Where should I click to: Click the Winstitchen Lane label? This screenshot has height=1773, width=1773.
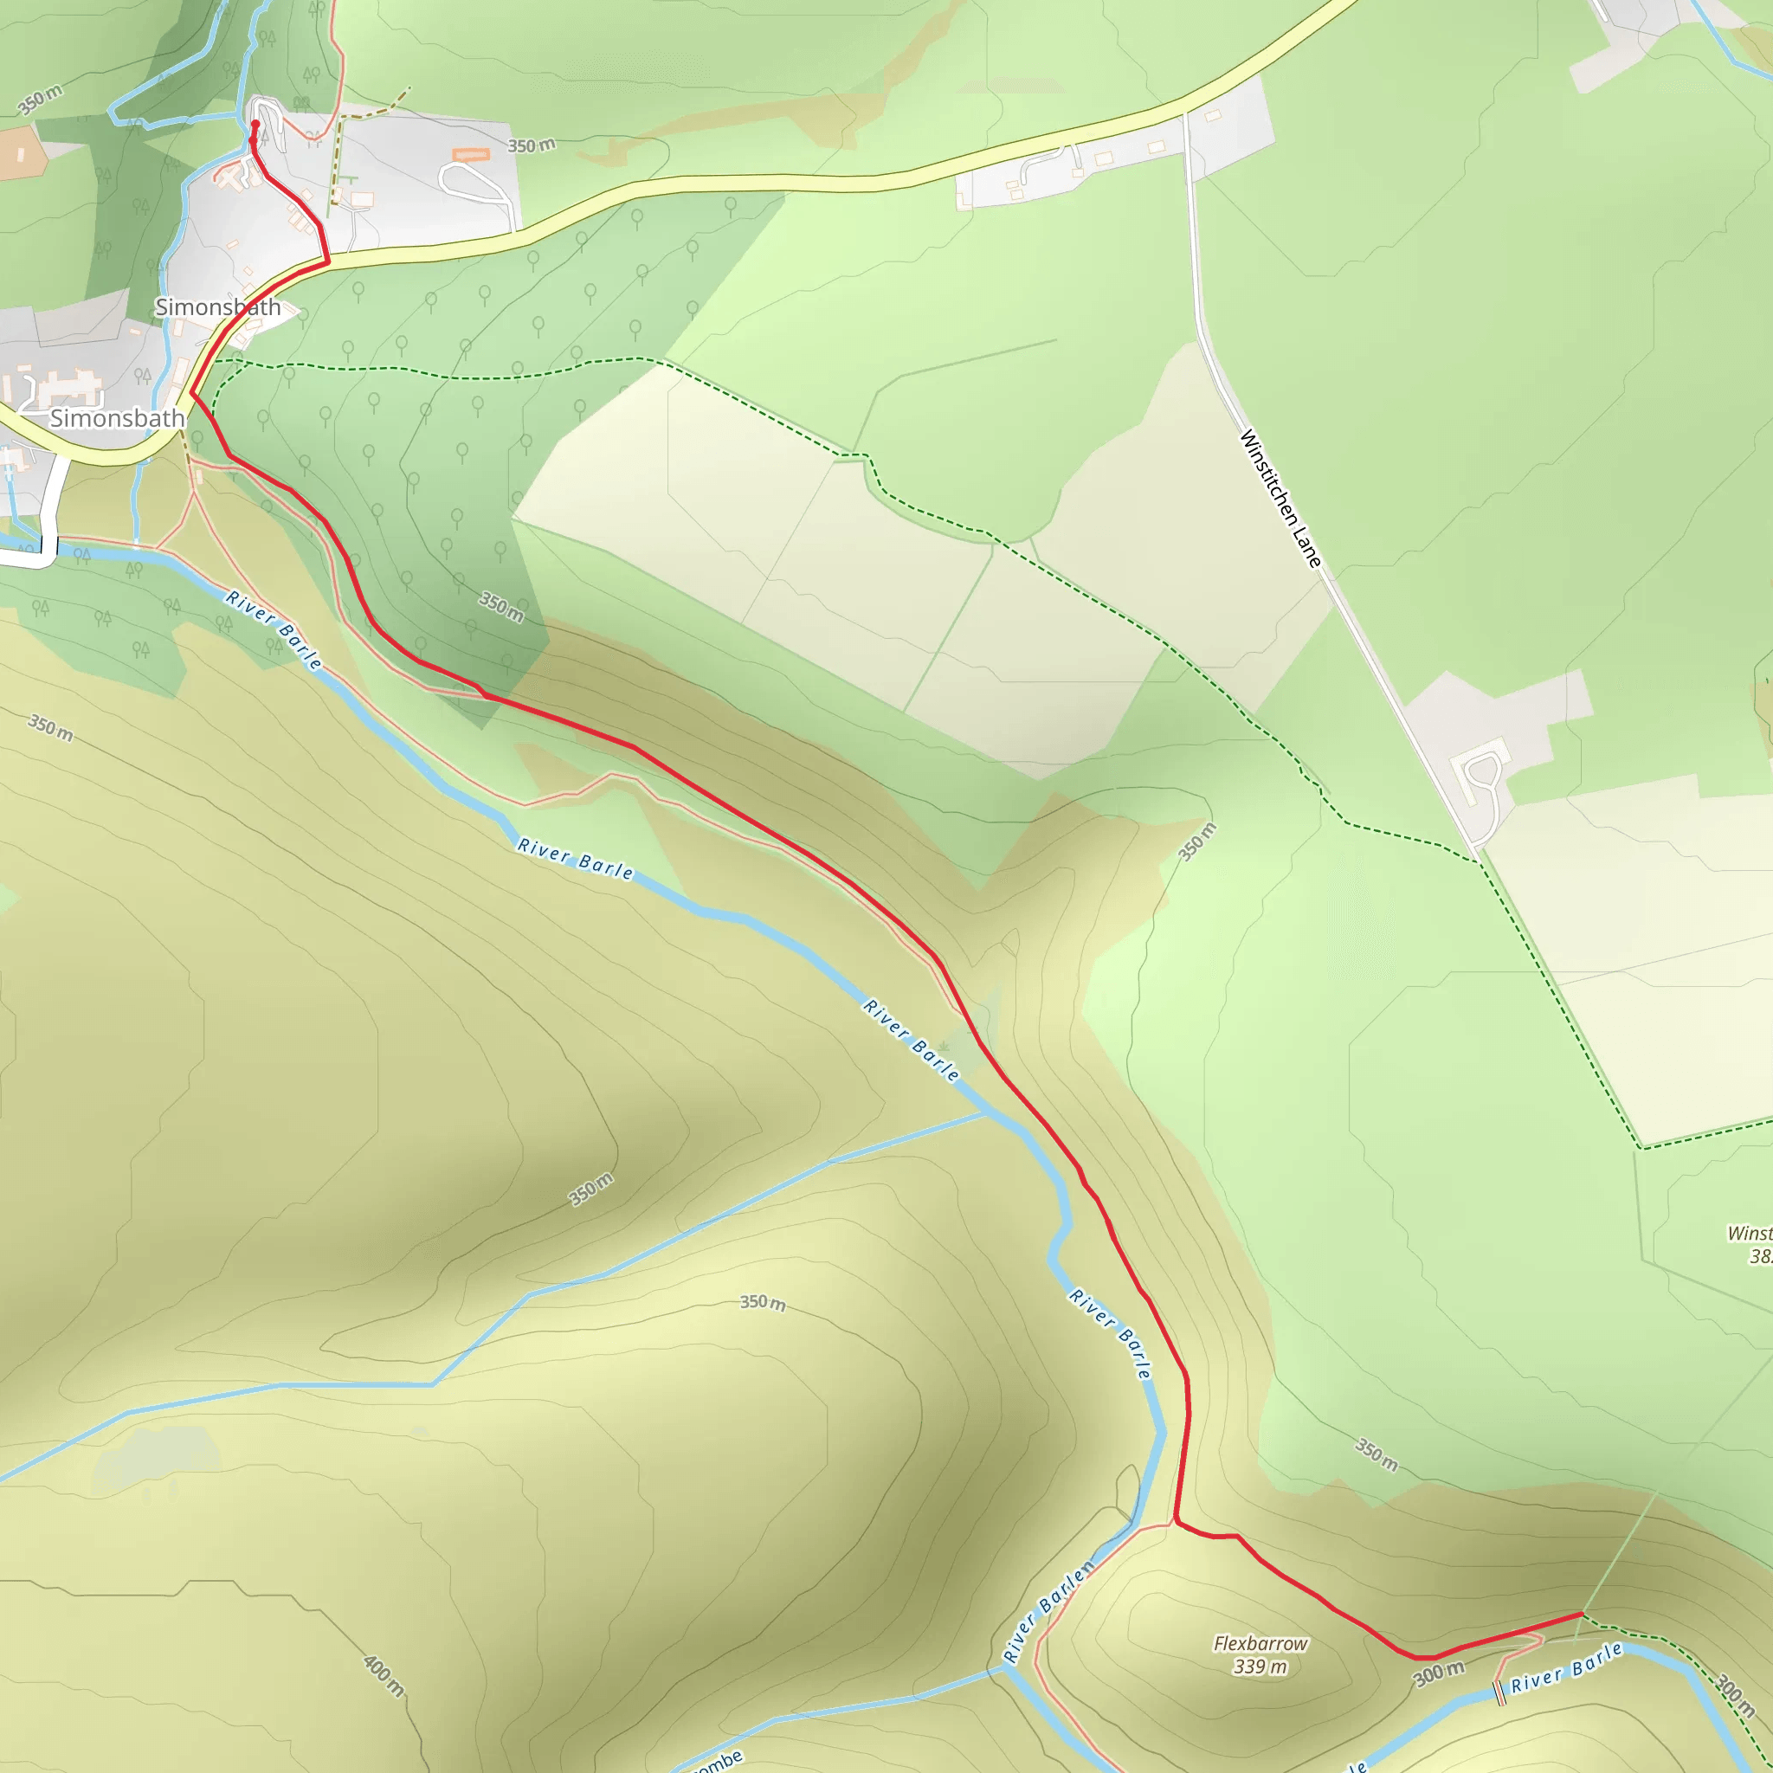point(1280,499)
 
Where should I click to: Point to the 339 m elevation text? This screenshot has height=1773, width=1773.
point(1260,1667)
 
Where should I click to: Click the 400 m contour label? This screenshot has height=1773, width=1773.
point(384,1676)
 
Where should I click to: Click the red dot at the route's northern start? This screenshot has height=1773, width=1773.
point(255,124)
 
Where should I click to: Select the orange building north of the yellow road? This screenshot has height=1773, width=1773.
point(472,154)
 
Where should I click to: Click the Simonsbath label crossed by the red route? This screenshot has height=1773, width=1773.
point(217,307)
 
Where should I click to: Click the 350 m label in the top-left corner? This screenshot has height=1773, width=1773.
point(41,99)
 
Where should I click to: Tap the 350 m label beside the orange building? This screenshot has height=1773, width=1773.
point(532,145)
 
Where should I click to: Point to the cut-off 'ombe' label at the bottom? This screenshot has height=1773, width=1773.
point(717,1760)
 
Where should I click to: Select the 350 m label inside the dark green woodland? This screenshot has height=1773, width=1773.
point(501,607)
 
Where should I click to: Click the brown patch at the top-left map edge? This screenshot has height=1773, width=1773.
point(20,152)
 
